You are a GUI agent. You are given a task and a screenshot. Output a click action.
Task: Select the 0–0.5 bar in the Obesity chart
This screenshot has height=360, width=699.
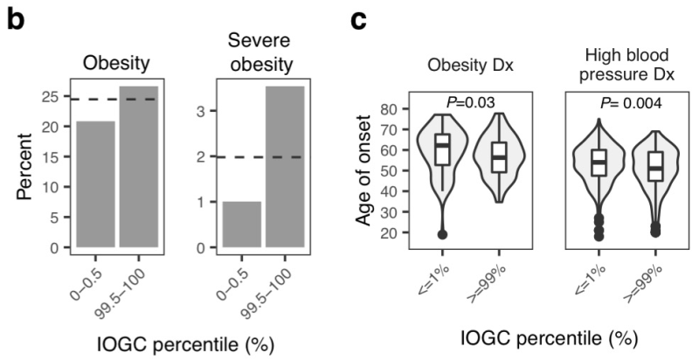tap(95, 184)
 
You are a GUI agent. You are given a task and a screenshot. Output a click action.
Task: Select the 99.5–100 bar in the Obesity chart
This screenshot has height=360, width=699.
tap(138, 167)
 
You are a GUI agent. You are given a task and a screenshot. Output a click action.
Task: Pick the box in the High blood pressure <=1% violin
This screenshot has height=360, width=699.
tap(599, 163)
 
